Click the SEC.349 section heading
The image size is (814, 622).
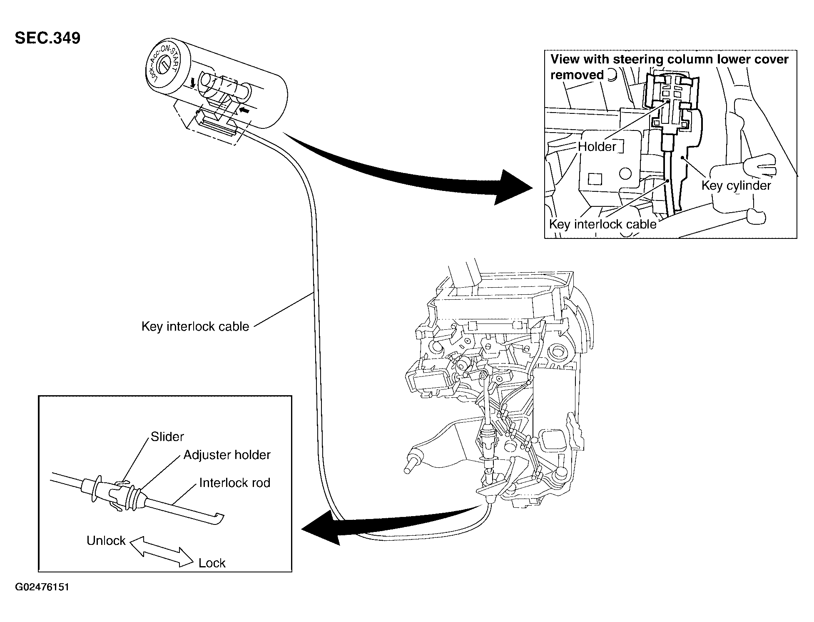tap(47, 38)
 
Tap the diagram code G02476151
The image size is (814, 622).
tap(42, 587)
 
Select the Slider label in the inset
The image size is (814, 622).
tap(167, 436)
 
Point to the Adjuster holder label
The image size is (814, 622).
tap(227, 455)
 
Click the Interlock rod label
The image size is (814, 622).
tap(235, 483)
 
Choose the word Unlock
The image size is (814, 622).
tap(106, 541)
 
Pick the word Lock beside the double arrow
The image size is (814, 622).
tap(212, 563)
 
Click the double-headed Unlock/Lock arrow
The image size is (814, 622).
tap(162, 552)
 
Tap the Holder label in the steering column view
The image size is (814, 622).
tap(597, 147)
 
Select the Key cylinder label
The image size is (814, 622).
tap(736, 186)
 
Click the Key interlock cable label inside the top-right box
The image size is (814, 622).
tap(602, 224)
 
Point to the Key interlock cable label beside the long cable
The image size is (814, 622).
tap(195, 326)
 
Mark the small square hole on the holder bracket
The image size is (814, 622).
tap(595, 179)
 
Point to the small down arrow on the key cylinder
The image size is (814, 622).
tap(192, 83)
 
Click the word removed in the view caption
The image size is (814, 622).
tap(577, 75)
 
